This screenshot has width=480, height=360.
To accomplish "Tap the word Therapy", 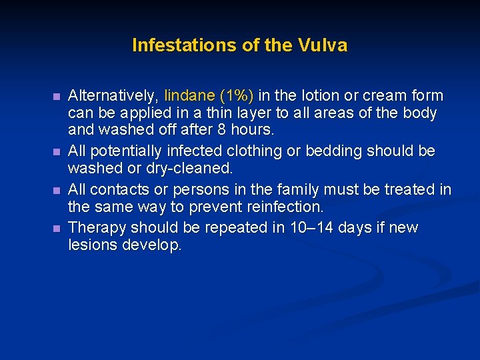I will (97, 227).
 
